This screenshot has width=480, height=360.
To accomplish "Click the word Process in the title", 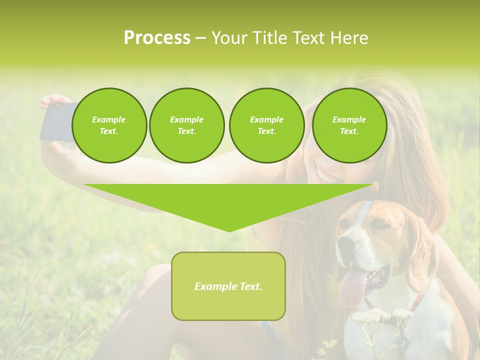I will (157, 38).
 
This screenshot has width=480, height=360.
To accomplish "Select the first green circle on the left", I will (109, 125).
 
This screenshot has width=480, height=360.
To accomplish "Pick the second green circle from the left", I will (186, 125).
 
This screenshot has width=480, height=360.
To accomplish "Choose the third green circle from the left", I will (266, 125).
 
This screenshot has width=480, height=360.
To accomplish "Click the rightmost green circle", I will (349, 125).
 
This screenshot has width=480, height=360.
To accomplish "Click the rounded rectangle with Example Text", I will (228, 286).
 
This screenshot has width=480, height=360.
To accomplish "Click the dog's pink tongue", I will (352, 290).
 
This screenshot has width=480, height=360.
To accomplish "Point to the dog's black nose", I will (345, 243).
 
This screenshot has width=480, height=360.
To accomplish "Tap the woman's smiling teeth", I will (327, 176).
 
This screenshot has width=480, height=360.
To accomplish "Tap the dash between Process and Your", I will (200, 38).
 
